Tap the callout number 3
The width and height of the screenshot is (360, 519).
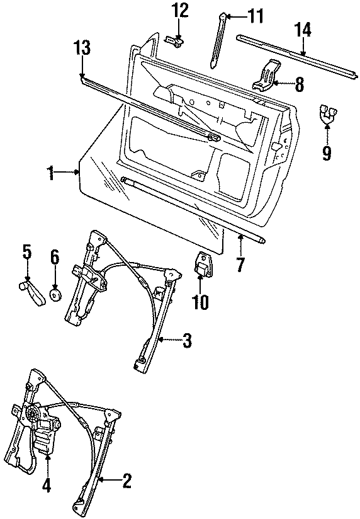click(x=187, y=341)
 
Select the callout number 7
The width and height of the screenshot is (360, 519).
click(x=239, y=265)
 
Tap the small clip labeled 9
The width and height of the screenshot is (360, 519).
click(x=327, y=113)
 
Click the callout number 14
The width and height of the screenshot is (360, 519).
click(x=303, y=29)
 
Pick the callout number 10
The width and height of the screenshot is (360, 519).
click(x=200, y=302)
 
